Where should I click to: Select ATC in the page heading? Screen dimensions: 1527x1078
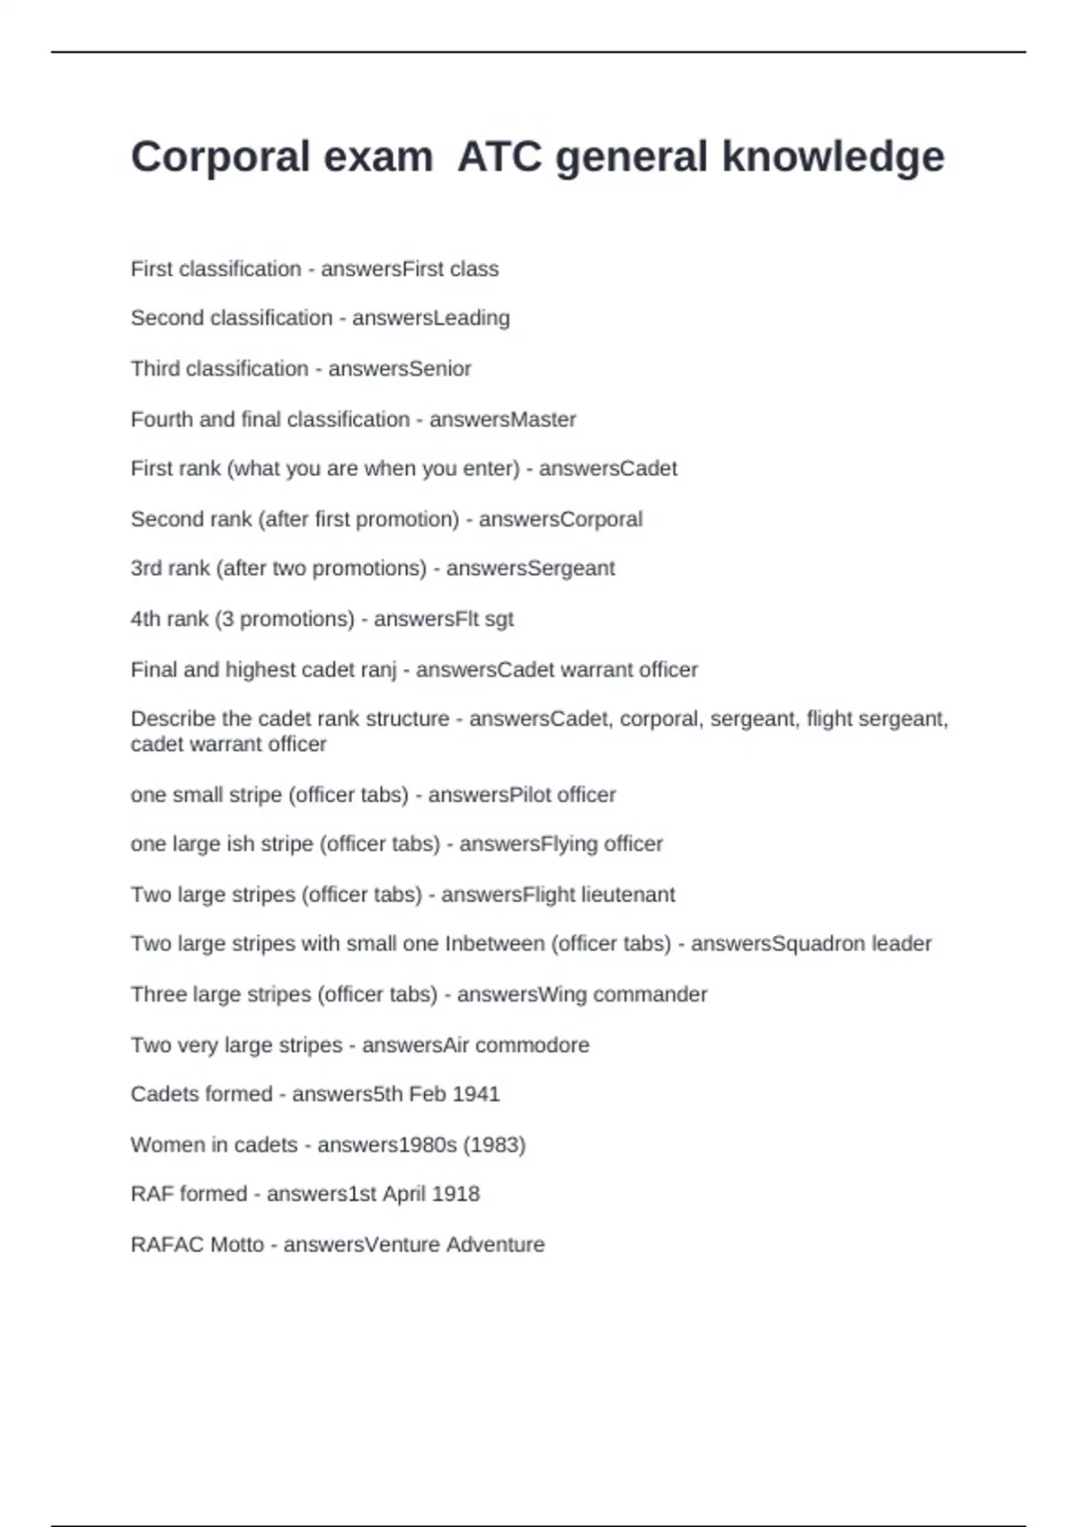[x=499, y=157]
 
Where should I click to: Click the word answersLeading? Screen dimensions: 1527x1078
[x=430, y=318]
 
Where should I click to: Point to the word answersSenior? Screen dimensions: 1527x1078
[x=399, y=368]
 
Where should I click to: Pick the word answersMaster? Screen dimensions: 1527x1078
[x=502, y=419]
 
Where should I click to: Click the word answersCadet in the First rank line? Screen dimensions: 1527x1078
[x=607, y=469]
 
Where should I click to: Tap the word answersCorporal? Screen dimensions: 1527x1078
[x=560, y=519]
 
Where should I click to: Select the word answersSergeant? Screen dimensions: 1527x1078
[x=530, y=569]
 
